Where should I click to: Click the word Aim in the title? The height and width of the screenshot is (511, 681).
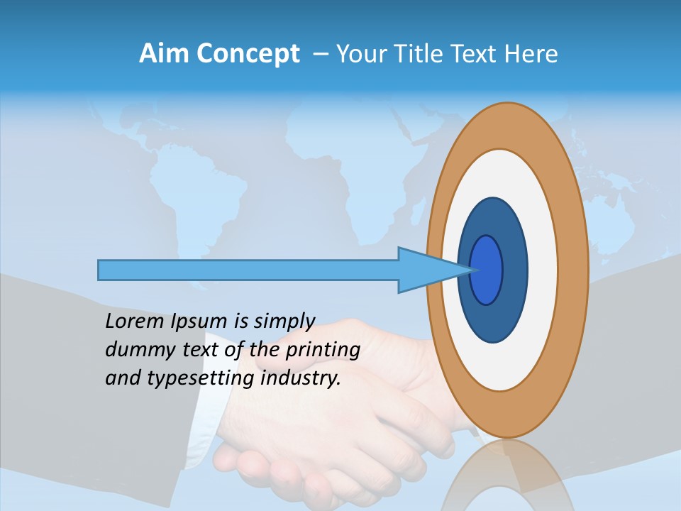tap(165, 54)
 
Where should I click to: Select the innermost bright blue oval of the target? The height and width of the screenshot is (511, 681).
tap(487, 270)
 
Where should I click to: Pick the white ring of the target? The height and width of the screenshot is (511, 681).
tap(543, 270)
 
